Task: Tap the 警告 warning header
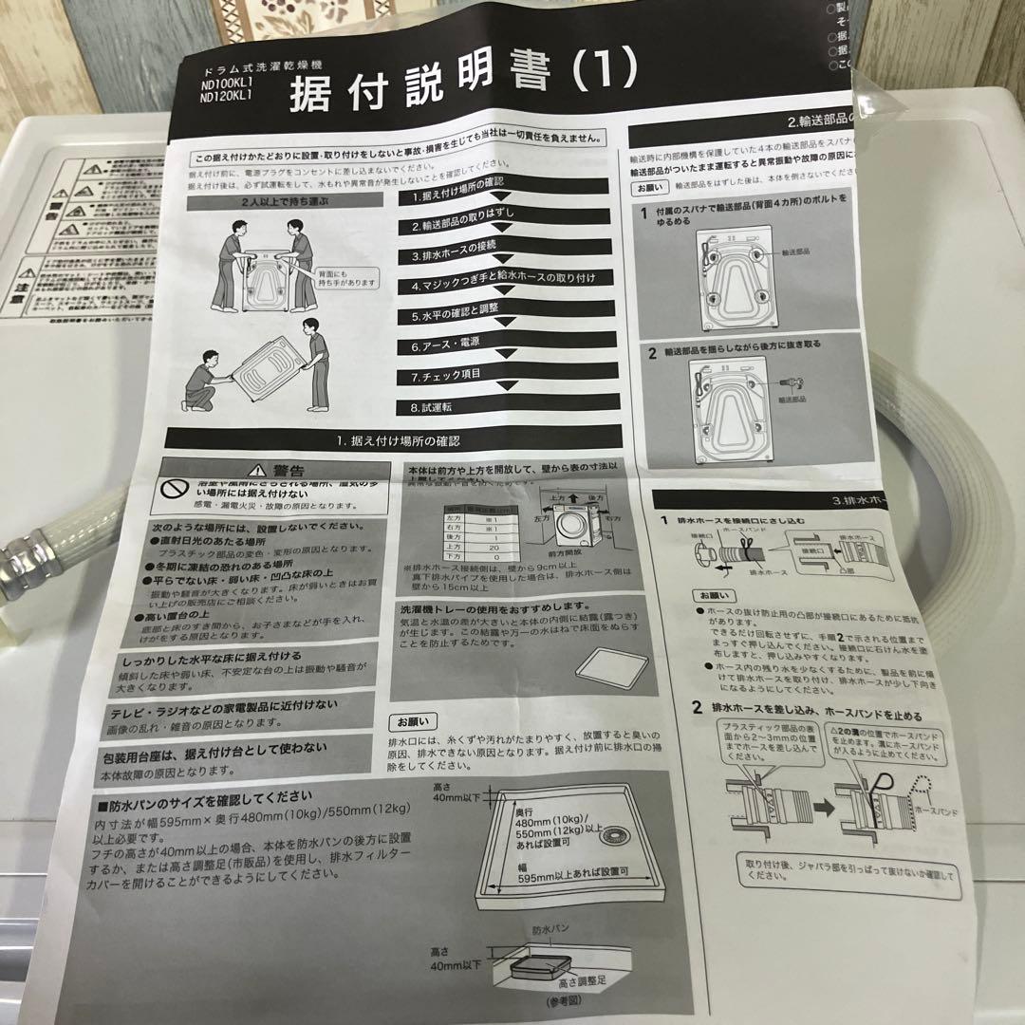[x=275, y=471]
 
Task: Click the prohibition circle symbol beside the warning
[x=173, y=490]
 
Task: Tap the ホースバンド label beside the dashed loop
[x=936, y=812]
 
